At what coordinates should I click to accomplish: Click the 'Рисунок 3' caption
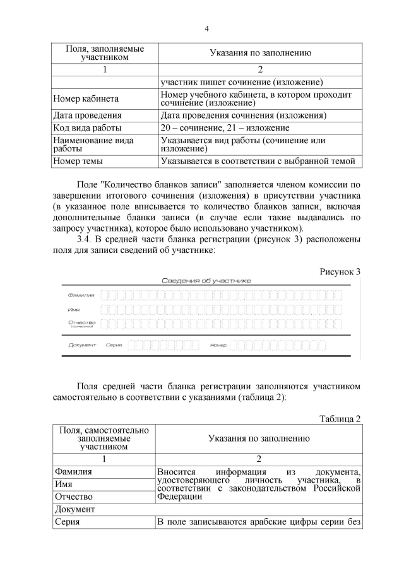pos(340,272)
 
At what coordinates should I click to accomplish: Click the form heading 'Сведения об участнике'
pos(206,281)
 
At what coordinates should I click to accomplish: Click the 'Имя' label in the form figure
pos(73,310)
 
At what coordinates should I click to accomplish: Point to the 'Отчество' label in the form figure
pos(81,323)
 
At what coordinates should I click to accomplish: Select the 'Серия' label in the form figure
pos(114,345)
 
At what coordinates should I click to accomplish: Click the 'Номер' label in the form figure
pos(218,345)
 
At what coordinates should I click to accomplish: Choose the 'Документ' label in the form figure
pos(81,345)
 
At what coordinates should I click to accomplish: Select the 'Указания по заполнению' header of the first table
pos(260,53)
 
